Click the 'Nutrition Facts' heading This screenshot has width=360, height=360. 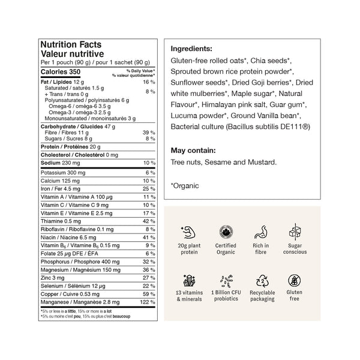[x=70, y=44]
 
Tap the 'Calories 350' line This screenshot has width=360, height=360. [x=60, y=72]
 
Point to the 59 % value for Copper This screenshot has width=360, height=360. [x=149, y=294]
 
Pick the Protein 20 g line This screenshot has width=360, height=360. [x=65, y=146]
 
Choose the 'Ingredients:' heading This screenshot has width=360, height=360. [x=191, y=49]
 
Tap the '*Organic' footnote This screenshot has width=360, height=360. [x=185, y=185]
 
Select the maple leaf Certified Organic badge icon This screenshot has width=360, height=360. [x=226, y=232]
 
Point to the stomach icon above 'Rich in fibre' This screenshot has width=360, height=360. [x=260, y=232]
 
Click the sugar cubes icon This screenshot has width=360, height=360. [x=295, y=232]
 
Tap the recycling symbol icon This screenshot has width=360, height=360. [x=260, y=281]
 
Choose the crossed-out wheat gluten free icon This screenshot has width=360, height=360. [x=295, y=281]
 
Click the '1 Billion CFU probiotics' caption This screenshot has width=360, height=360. [x=226, y=295]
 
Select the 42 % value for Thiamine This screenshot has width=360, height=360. [x=149, y=221]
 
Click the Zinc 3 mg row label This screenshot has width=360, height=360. [x=53, y=278]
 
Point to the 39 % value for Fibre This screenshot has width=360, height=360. [x=149, y=132]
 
